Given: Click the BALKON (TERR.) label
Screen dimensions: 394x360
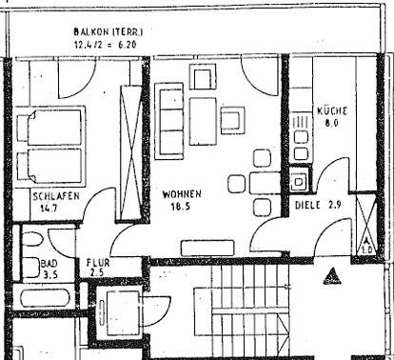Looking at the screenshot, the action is (x=108, y=31).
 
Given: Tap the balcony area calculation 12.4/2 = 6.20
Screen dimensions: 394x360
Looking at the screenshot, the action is (x=106, y=44).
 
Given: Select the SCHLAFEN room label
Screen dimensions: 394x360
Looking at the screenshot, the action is (x=56, y=196).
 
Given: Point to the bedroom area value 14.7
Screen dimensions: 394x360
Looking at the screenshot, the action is (x=49, y=209).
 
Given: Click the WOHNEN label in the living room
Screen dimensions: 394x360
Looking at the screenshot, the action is (x=182, y=194).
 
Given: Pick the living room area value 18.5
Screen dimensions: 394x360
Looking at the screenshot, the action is (x=181, y=207).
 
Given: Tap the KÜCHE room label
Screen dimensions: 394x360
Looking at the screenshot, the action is (x=332, y=110).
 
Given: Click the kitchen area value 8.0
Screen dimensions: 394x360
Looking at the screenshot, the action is (x=332, y=123).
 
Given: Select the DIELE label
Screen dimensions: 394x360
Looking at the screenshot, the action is (x=307, y=205).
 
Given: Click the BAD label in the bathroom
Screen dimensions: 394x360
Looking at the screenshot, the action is (x=49, y=263).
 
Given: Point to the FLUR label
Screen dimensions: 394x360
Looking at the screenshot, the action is (x=98, y=263).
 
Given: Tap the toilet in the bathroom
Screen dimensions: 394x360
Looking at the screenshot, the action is (x=31, y=239).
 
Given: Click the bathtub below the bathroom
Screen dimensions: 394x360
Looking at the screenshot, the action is (x=45, y=299).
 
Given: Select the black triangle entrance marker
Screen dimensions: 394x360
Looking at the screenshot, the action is (x=332, y=276).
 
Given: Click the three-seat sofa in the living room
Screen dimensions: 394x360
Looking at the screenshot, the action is (x=169, y=121).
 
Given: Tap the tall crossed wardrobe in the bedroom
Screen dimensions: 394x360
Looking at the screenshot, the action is (x=130, y=152).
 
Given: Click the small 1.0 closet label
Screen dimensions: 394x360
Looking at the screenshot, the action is (x=366, y=250).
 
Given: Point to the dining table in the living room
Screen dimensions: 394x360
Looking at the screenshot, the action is (x=265, y=183).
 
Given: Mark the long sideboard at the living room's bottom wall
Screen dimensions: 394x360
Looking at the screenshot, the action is (x=207, y=248).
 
